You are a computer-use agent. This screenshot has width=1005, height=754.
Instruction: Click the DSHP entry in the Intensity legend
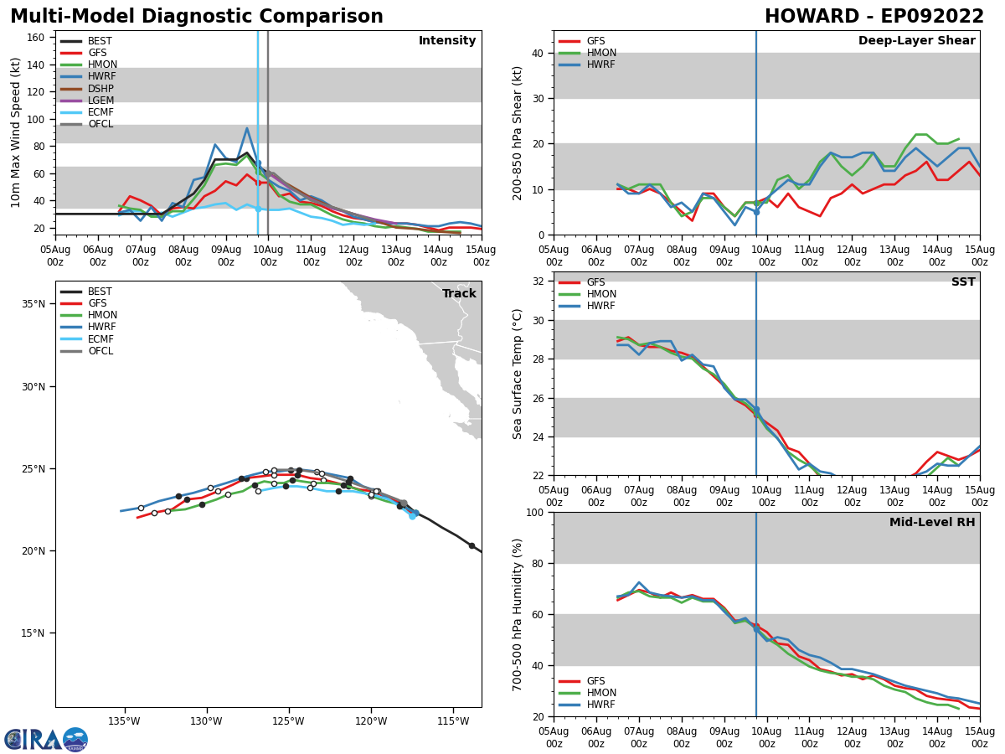[100, 89]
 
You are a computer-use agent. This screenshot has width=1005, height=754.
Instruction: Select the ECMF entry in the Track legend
[100, 339]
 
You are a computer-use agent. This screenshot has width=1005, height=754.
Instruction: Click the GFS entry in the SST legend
[595, 282]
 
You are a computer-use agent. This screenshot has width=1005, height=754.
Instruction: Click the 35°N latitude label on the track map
[33, 304]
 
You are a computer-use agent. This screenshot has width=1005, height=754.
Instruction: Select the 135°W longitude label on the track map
[123, 720]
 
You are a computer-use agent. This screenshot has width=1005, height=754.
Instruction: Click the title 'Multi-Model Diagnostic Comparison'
[197, 17]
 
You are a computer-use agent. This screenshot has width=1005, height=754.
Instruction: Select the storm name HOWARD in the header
[810, 17]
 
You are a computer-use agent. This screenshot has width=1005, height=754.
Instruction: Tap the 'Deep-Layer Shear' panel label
[916, 41]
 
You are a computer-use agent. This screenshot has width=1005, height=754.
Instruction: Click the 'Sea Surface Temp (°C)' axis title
[518, 374]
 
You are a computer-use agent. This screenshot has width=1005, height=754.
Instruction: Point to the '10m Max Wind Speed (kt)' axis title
[16, 132]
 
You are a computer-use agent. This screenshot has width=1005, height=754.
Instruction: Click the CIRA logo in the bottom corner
[46, 739]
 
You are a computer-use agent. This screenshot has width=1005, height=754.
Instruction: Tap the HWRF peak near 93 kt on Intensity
[247, 128]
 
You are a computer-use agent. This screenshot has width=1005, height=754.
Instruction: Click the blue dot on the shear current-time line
[756, 212]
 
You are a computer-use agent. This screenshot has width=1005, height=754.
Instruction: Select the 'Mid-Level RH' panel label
[931, 523]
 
